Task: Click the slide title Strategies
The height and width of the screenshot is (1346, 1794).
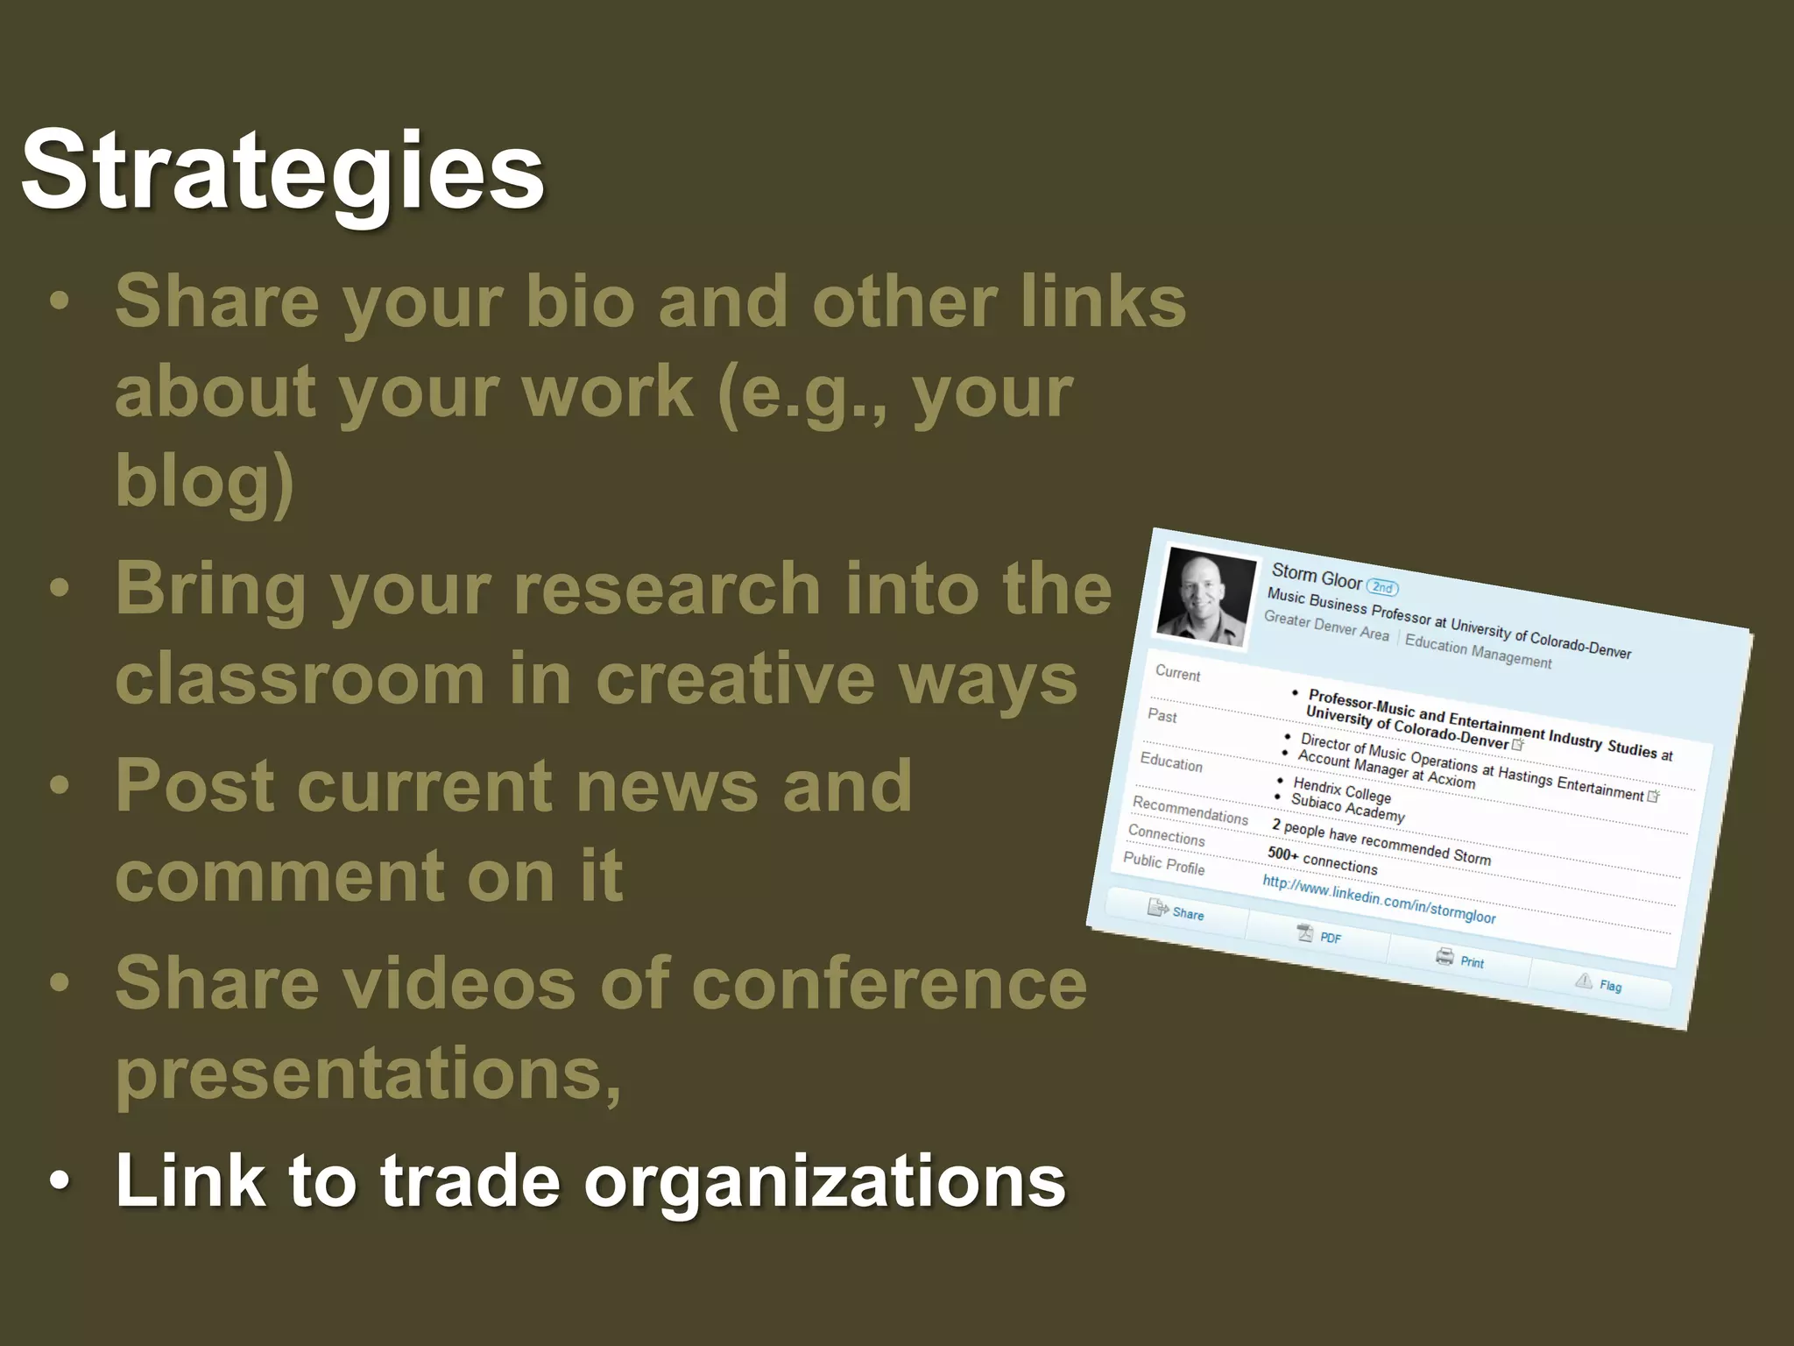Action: click(x=282, y=171)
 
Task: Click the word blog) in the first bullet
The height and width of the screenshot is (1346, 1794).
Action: click(x=204, y=480)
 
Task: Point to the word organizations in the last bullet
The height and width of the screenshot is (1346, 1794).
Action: click(x=824, y=1181)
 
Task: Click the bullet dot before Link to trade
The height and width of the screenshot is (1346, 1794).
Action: click(x=59, y=1181)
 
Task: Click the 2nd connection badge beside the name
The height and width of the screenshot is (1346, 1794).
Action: click(x=1382, y=587)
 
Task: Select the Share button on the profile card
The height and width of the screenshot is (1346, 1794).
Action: click(x=1177, y=912)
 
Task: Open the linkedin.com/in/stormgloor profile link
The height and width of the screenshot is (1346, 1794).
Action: click(x=1379, y=899)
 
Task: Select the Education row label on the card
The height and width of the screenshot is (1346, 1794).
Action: click(x=1171, y=762)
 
